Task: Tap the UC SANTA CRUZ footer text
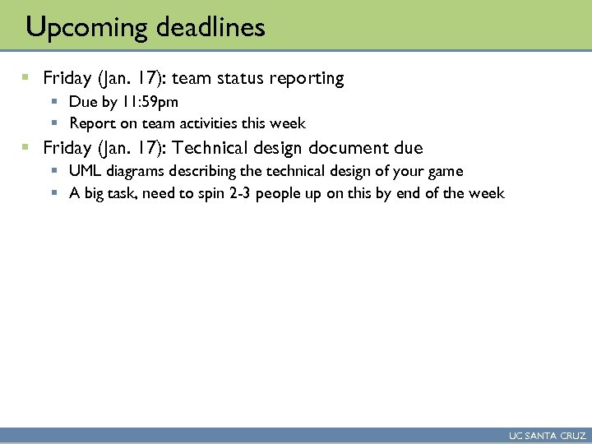click(548, 436)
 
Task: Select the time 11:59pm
click(150, 103)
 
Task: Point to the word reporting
click(302, 79)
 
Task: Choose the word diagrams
click(138, 172)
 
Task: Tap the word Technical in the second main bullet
click(218, 149)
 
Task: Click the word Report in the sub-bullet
click(92, 124)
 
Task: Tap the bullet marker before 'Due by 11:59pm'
click(54, 103)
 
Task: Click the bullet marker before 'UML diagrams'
click(54, 172)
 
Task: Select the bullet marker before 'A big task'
click(54, 193)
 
